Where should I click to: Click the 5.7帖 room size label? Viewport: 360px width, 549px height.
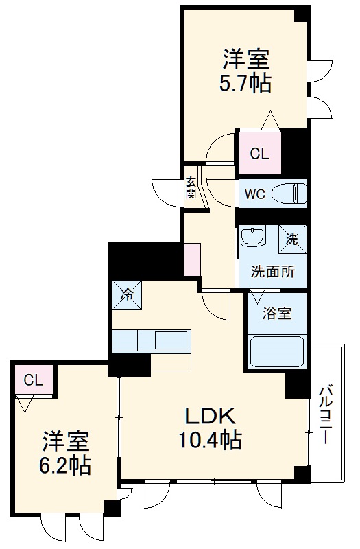245,84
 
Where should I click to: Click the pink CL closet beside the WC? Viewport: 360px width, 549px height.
259,154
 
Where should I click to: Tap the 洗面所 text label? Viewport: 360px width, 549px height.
272,271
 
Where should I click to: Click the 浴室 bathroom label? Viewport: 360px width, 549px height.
278,314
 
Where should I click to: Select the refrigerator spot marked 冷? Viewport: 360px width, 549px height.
128,295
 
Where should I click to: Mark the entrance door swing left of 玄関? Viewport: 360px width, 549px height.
166,188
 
